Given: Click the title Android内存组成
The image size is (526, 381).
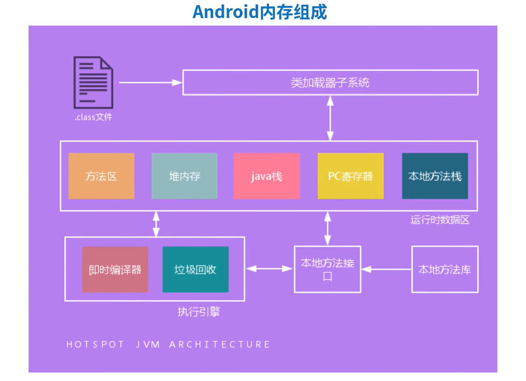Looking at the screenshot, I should click(260, 12).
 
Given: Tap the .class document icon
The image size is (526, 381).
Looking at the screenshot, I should click(93, 83).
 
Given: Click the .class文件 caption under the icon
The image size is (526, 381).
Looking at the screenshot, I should click(93, 118).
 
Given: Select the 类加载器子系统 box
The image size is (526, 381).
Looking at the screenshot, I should click(330, 83).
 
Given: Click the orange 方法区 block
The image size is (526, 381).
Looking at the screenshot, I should click(101, 176).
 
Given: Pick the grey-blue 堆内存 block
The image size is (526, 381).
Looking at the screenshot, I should click(185, 176).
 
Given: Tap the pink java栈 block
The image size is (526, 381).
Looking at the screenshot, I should click(266, 176).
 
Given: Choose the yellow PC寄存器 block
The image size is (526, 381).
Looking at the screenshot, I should click(350, 176).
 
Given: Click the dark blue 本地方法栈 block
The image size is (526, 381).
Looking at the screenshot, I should click(435, 176).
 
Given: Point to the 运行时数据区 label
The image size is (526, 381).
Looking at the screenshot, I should click(440, 220).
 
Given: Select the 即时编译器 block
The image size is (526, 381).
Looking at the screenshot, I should click(115, 270).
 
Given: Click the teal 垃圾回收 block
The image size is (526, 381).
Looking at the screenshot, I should click(195, 270).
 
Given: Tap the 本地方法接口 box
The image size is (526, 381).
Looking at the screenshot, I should click(327, 269).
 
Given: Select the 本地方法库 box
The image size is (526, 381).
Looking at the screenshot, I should click(445, 269).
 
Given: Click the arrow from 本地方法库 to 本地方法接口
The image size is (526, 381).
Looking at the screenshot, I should click(386, 269).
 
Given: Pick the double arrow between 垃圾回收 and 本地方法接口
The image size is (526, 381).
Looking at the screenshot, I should click(269, 269).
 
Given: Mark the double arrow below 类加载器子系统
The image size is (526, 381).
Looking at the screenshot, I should click(330, 118).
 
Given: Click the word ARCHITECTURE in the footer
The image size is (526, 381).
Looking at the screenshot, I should click(220, 345).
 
